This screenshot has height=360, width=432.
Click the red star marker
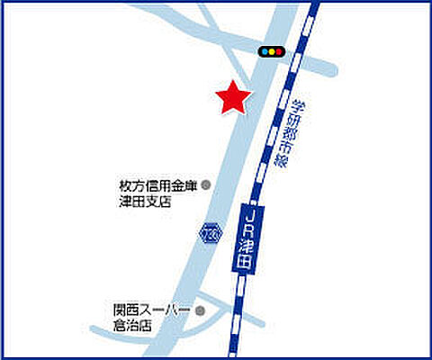[233, 98]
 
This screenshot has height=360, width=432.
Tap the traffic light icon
[270, 52]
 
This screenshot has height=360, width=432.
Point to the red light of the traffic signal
[278, 52]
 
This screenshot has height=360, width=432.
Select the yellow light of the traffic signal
[270, 52]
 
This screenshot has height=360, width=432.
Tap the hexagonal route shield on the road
[210, 232]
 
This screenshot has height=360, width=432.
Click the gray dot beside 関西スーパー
[200, 311]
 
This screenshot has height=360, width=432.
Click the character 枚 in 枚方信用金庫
[125, 186]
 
